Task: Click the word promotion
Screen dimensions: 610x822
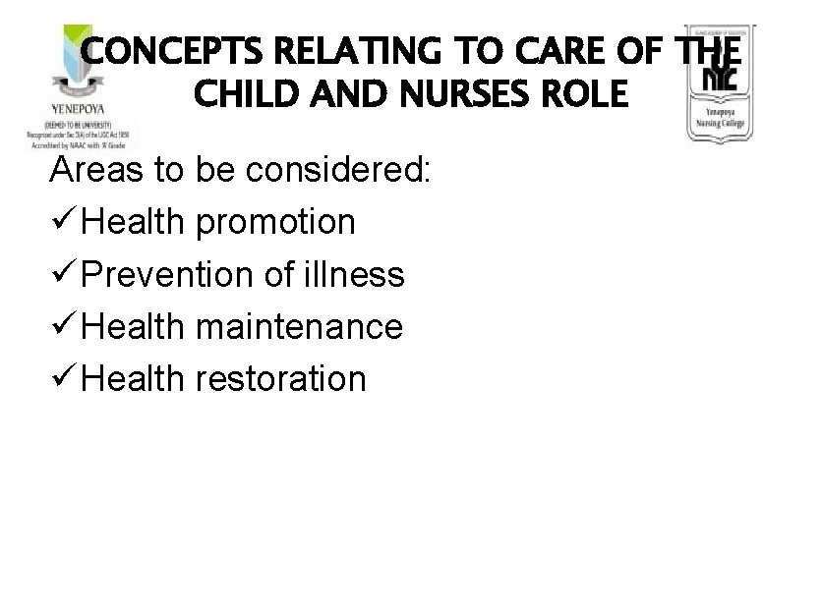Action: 277,223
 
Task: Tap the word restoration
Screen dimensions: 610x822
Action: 282,378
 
